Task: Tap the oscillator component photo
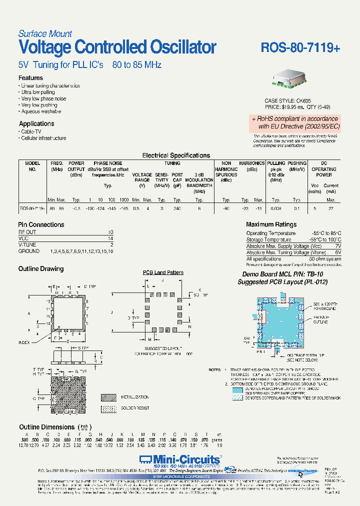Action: tap(290, 78)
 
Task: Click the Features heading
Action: tap(30, 78)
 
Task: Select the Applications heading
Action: tap(36, 123)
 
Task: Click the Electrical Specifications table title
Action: tap(176, 155)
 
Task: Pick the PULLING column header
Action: tap(276, 163)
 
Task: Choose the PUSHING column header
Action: tap(297, 163)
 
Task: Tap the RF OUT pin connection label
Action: tap(27, 232)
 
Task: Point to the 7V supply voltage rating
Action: tap(337, 246)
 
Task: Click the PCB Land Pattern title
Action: tap(163, 272)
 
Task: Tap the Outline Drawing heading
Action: tap(41, 269)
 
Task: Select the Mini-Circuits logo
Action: tap(180, 459)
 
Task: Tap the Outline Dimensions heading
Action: tap(46, 427)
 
